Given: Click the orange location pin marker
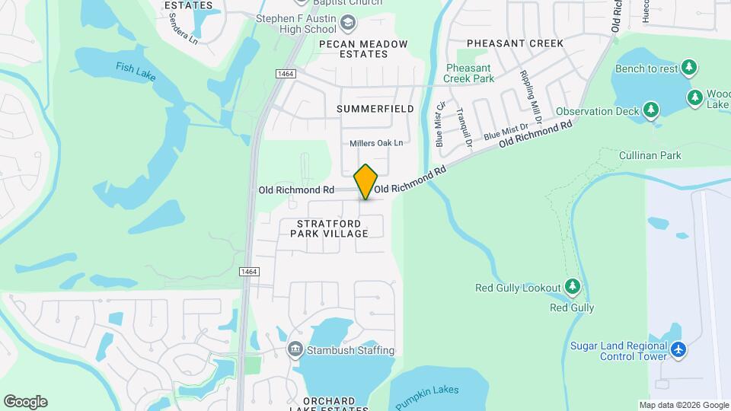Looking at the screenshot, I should pyautogui.click(x=366, y=181).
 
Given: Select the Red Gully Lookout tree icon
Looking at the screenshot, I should pyautogui.click(x=573, y=287).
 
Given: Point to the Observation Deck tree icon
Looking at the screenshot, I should pyautogui.click(x=650, y=111).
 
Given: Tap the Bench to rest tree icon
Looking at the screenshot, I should pyautogui.click(x=690, y=68).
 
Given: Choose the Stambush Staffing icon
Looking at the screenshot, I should pyautogui.click(x=295, y=350).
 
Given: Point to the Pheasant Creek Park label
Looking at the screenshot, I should pyautogui.click(x=470, y=73).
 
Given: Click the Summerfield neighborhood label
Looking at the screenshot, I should pyautogui.click(x=375, y=109).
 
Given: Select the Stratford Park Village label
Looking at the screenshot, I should pyautogui.click(x=329, y=228).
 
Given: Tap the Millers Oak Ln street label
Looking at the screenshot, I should pyautogui.click(x=376, y=143).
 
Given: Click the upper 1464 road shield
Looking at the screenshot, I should pyautogui.click(x=286, y=72).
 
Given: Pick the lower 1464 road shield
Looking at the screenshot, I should pyautogui.click(x=248, y=272).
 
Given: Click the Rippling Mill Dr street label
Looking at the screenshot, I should pyautogui.click(x=530, y=97).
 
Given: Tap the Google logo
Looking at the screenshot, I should pyautogui.click(x=25, y=402).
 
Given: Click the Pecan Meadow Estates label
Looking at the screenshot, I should pyautogui.click(x=364, y=49).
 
